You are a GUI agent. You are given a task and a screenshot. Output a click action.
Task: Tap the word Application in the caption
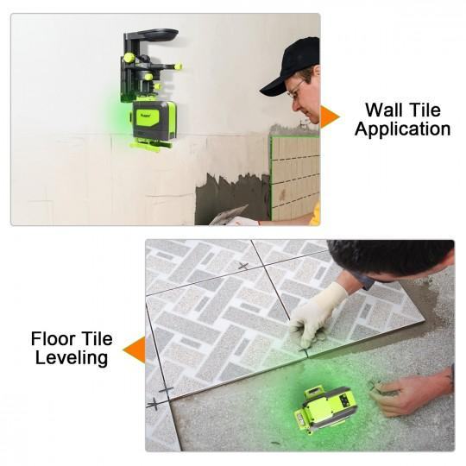(x=403, y=129)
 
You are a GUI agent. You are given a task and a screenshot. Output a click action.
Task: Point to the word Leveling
(x=72, y=358)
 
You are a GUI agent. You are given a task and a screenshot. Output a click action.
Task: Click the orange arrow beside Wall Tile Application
(x=330, y=116)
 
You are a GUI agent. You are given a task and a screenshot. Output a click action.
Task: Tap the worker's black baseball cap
(x=290, y=66)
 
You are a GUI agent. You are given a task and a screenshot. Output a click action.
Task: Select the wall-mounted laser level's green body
(x=154, y=120)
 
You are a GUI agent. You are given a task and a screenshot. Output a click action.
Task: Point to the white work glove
(x=316, y=315)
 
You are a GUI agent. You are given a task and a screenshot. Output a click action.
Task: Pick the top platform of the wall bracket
(x=152, y=34)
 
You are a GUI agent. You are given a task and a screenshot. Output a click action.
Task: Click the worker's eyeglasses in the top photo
(x=294, y=88)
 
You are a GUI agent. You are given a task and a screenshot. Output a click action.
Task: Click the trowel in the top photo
(x=228, y=215)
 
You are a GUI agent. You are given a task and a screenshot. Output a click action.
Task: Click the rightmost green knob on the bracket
(x=179, y=66)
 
